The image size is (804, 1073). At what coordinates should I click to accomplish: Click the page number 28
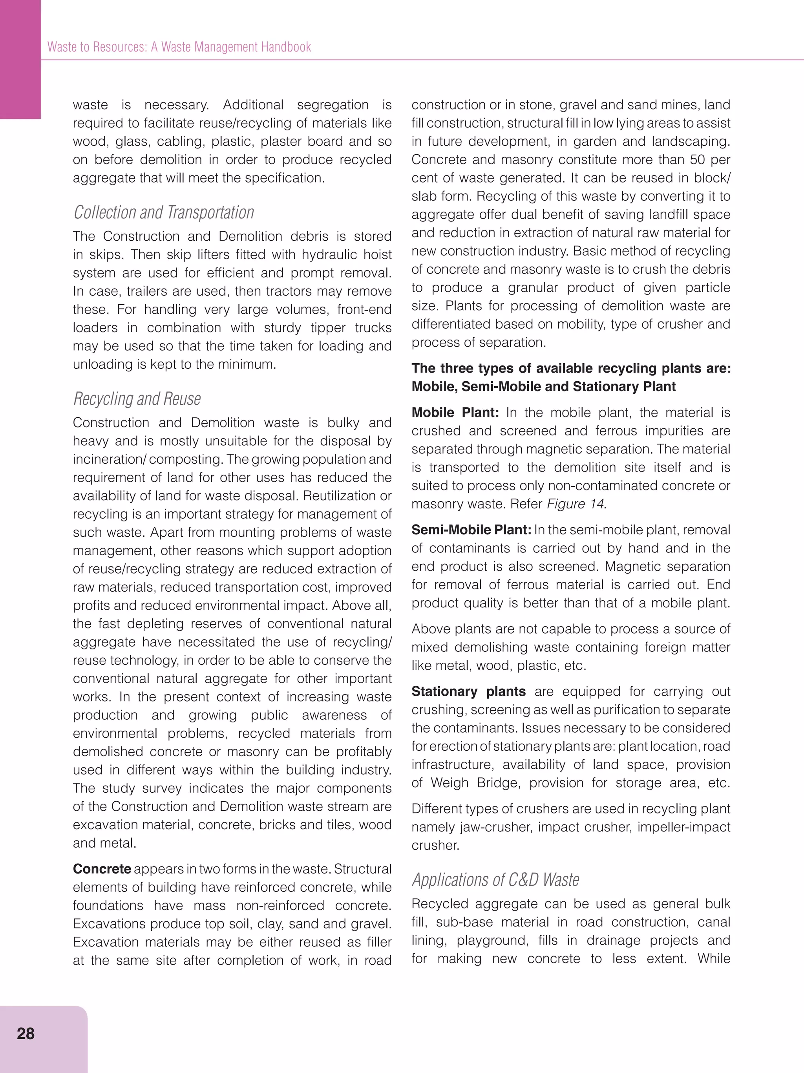[x=25, y=1034]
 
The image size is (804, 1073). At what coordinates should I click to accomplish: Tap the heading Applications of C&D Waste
[x=495, y=879]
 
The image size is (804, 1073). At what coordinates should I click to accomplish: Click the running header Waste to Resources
[x=179, y=47]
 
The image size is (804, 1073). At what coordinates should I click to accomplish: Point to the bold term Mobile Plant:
[x=455, y=412]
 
